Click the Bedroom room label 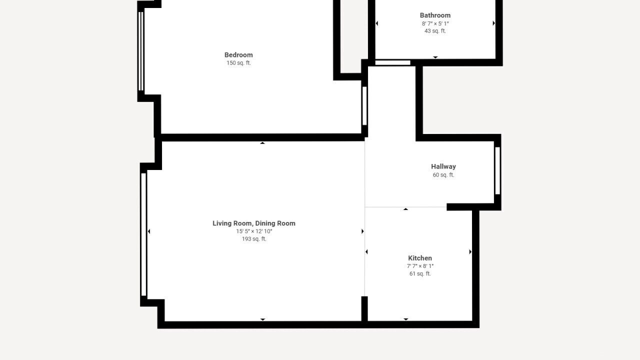point(238,55)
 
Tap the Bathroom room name point(435,15)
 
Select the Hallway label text point(443,166)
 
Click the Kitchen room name point(420,258)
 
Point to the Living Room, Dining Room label point(254,223)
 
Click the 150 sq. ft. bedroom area point(238,63)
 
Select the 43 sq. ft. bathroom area point(435,31)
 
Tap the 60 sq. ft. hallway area point(443,175)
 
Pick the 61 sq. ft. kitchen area point(420,273)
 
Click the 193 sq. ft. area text point(254,239)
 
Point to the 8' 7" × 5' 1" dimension point(435,23)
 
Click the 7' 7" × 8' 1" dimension point(420,266)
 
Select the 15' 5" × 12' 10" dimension point(254,231)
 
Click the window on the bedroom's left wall point(141,51)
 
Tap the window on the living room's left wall point(143,234)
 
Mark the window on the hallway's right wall point(497,170)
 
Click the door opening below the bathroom point(393,62)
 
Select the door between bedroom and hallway point(364,105)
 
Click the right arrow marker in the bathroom point(493,23)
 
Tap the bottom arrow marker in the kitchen point(405,319)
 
